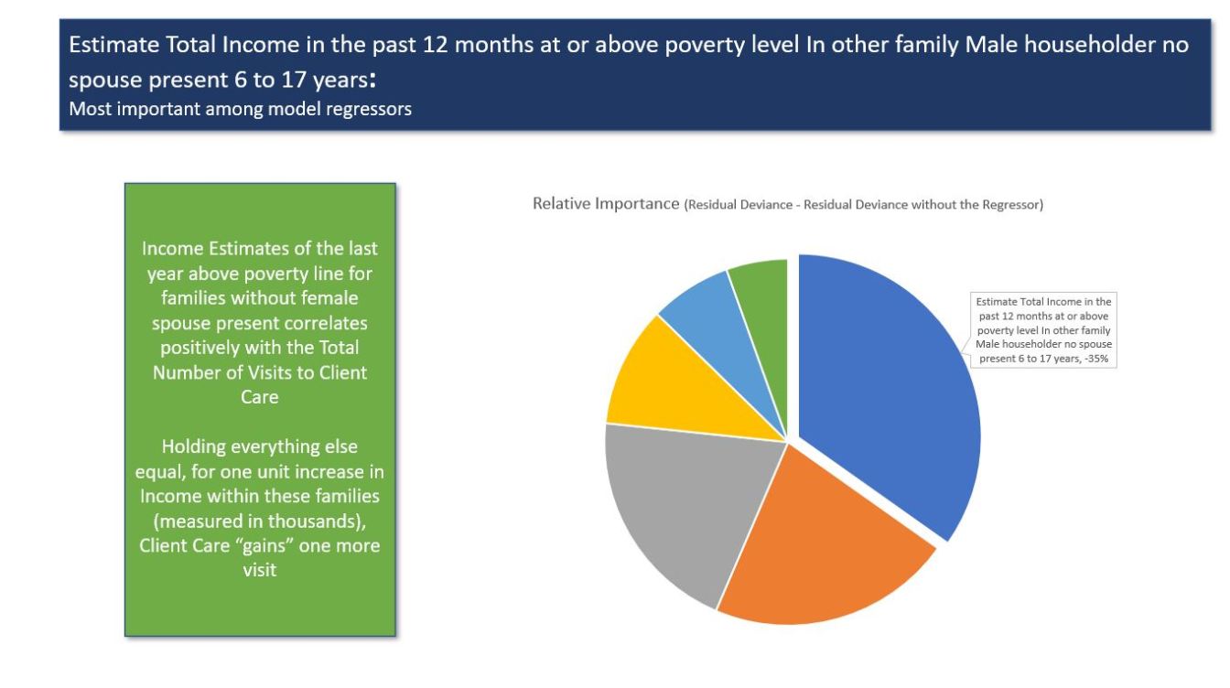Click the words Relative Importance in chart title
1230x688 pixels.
click(x=606, y=204)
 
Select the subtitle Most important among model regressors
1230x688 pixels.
click(x=240, y=109)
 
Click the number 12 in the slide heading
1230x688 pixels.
click(x=436, y=45)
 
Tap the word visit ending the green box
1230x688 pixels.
click(x=260, y=571)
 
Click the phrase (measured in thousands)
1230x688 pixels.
click(x=259, y=521)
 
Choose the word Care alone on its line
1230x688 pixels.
click(x=259, y=397)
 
